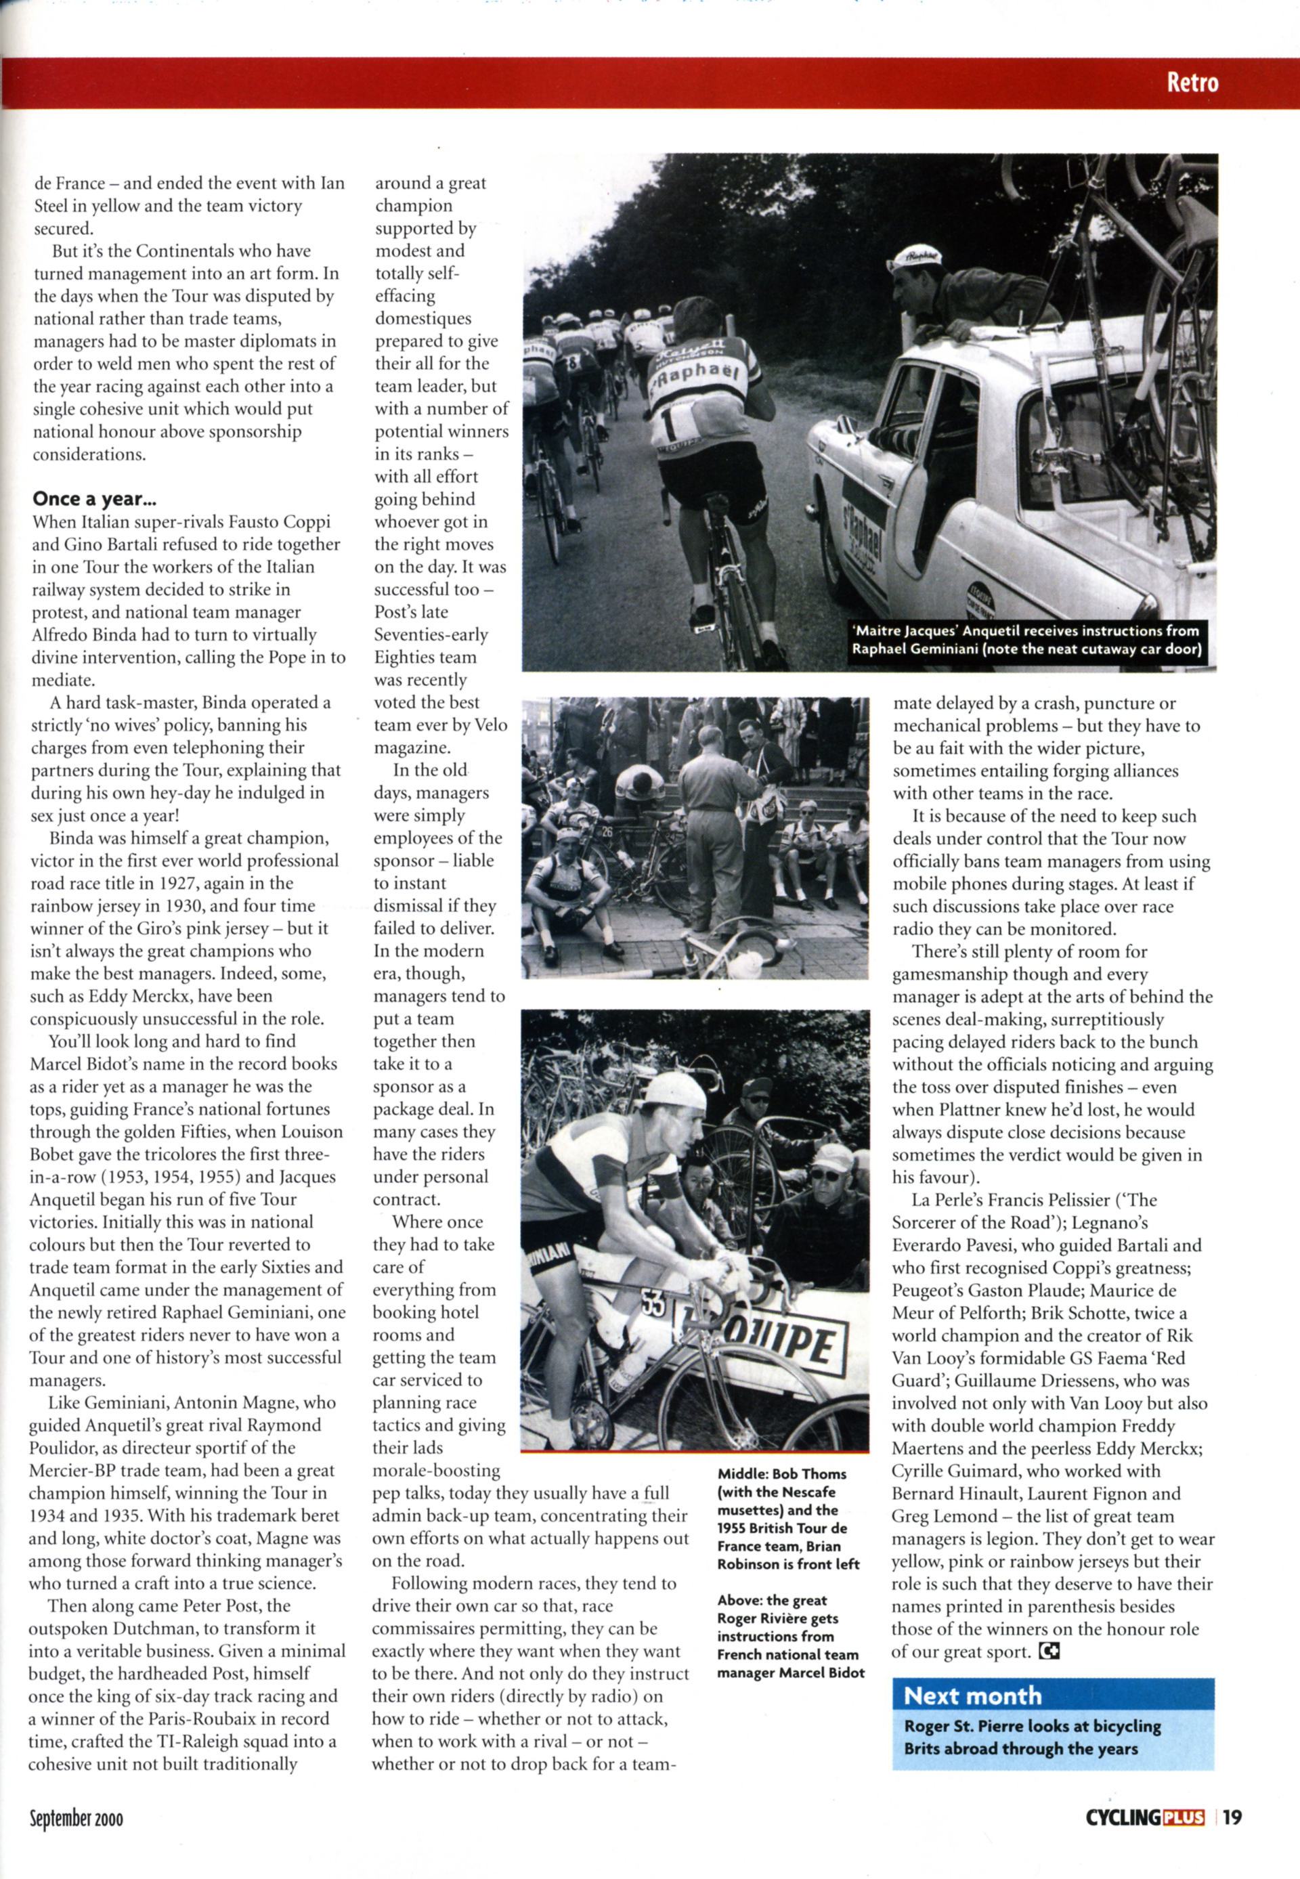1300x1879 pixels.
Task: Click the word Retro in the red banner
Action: point(1192,82)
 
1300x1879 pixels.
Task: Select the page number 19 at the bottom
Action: point(1232,1817)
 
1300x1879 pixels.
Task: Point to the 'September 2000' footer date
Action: point(76,1818)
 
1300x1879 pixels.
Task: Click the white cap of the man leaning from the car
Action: point(915,257)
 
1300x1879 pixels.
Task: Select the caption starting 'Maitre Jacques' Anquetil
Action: point(1026,640)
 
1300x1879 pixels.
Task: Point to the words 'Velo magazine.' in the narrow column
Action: point(441,736)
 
